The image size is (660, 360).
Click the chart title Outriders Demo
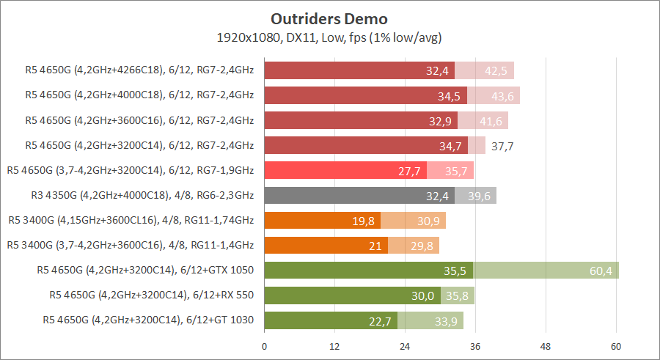pyautogui.click(x=329, y=18)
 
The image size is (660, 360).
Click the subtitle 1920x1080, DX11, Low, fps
pyautogui.click(x=329, y=37)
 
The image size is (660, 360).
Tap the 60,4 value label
pyautogui.click(x=601, y=271)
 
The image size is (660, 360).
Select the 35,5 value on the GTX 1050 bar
pyautogui.click(x=455, y=271)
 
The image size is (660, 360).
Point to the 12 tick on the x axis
pyautogui.click(x=334, y=345)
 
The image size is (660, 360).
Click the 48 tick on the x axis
pyautogui.click(x=546, y=345)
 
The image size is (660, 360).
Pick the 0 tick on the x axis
pyautogui.click(x=265, y=345)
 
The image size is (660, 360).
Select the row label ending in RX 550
pyautogui.click(x=152, y=295)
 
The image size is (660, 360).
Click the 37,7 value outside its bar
pyautogui.click(x=502, y=147)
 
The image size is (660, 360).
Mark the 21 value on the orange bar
pyautogui.click(x=375, y=246)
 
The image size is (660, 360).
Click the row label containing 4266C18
pyautogui.click(x=139, y=71)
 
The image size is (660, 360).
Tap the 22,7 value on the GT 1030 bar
pyautogui.click(x=380, y=321)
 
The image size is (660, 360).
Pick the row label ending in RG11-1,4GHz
pyautogui.click(x=130, y=245)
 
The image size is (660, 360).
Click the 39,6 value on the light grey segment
pyautogui.click(x=479, y=196)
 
